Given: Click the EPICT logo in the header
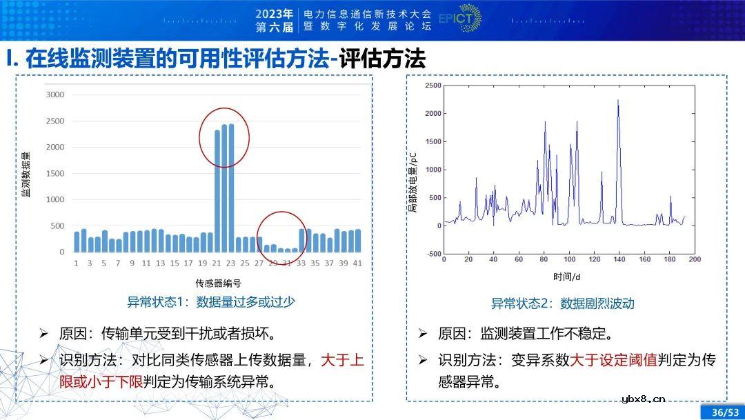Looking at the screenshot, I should [x=460, y=19].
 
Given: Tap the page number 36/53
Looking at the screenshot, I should [x=724, y=412].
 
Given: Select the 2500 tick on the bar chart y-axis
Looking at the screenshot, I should [x=54, y=121].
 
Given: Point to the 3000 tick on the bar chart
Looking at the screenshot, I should [x=54, y=94].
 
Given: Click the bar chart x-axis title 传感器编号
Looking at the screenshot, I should [x=218, y=283].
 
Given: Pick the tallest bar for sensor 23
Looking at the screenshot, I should [x=231, y=188].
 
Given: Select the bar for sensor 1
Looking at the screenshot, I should [x=77, y=241].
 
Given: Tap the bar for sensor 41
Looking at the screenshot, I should [x=357, y=241].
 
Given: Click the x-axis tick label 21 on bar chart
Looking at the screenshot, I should [x=217, y=263].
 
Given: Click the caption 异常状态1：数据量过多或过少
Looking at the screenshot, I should [x=211, y=302].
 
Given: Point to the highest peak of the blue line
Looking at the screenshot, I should [x=618, y=101].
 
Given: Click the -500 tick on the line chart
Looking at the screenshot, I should [x=433, y=254].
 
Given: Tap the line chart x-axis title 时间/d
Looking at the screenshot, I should [x=568, y=277].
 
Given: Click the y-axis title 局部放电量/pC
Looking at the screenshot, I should [x=413, y=180].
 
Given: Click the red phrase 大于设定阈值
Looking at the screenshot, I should [x=614, y=360].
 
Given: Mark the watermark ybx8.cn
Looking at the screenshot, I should [x=643, y=398].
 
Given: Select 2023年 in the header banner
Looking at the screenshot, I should [x=274, y=13].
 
